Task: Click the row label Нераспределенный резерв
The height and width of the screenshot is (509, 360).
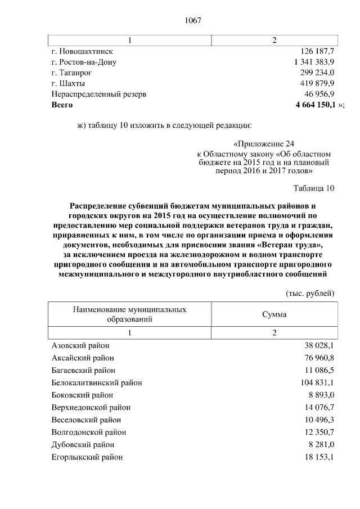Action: tap(98, 94)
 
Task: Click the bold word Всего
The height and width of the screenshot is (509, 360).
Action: tap(62, 105)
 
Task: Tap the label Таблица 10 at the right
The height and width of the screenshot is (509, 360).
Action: tap(314, 188)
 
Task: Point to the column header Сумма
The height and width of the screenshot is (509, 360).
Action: tap(274, 314)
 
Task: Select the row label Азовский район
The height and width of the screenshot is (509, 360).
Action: tap(80, 346)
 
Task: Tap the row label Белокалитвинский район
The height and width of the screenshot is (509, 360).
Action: tap(96, 382)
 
